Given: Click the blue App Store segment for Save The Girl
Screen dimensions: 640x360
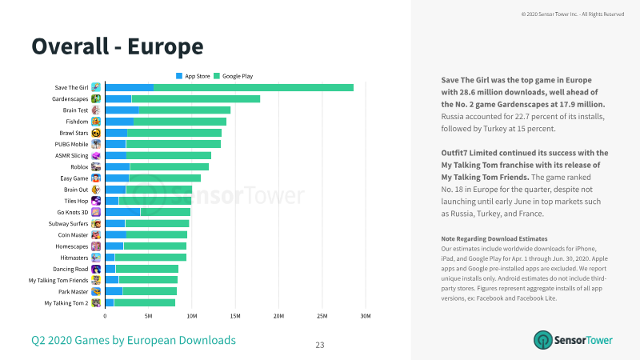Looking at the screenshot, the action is click(130, 87).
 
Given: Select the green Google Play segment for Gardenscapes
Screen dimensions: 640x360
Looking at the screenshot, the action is click(196, 98).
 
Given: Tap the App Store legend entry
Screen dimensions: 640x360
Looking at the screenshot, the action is click(193, 76).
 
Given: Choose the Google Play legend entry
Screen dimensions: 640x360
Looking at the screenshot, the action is click(233, 76).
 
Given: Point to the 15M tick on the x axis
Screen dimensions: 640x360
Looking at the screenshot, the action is click(235, 316).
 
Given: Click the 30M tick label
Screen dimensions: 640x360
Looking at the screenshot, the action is click(366, 316).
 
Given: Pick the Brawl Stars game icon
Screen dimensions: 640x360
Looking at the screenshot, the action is click(96, 133).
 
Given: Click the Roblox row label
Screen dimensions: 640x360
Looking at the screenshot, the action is click(79, 167).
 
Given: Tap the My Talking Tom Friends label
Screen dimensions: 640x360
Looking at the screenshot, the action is click(58, 281).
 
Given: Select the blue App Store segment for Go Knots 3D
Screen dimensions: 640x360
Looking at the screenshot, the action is click(123, 212).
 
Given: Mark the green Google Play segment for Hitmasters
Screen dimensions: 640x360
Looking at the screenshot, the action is click(150, 258).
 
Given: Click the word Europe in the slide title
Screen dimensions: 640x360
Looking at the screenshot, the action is click(166, 46).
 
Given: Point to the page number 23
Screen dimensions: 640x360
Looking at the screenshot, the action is click(320, 346).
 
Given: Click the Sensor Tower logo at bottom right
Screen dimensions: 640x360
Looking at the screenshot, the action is click(573, 340).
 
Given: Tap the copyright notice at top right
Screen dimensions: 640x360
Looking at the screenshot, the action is click(573, 14).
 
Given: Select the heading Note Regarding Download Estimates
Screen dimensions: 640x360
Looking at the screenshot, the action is click(494, 238).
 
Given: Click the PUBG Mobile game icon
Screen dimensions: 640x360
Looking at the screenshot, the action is click(96, 144).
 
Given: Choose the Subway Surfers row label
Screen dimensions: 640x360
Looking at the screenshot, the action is click(68, 224).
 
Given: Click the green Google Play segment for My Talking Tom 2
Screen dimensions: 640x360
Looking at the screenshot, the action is click(145, 303).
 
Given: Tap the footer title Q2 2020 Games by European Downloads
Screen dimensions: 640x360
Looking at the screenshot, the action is click(134, 341).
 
